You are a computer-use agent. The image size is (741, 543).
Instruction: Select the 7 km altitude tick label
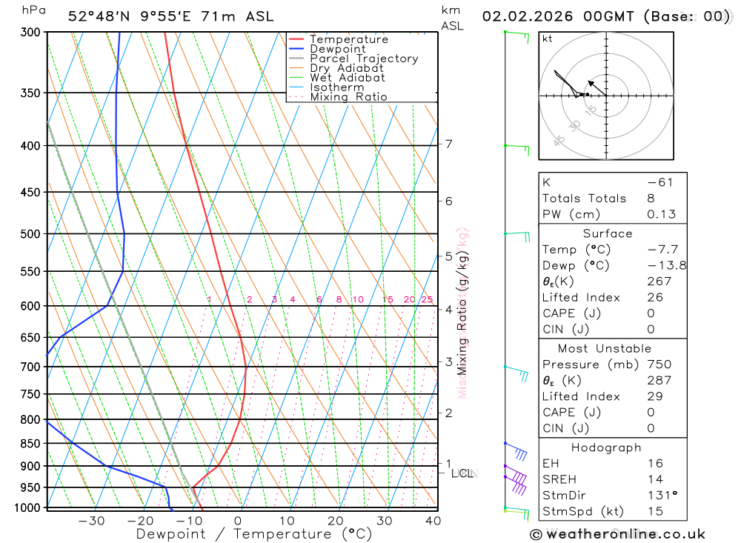point(449,144)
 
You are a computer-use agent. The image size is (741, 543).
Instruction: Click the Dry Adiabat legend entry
point(347,68)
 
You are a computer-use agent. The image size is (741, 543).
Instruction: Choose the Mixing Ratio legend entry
point(348,97)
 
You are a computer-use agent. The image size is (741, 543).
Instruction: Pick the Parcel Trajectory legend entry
point(364,59)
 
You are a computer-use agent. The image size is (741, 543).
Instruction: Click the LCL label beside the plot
point(462,473)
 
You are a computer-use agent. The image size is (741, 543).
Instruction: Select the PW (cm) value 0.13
point(661,214)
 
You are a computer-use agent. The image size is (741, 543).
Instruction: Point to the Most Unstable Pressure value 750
point(659,364)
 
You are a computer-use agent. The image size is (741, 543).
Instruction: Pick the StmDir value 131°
point(661,496)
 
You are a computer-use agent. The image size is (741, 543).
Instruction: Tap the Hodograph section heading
point(607,447)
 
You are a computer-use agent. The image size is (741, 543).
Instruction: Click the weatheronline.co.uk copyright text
point(618,534)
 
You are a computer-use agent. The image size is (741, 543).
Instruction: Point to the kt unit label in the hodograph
point(548,38)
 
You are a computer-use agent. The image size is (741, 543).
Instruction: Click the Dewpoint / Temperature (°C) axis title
point(254,534)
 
